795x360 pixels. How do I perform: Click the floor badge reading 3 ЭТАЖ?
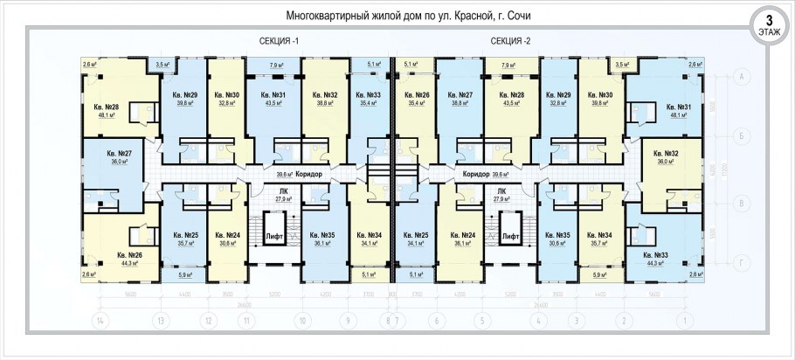(769, 24)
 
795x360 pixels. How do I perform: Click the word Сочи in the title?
(515, 16)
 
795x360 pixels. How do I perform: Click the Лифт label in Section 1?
(273, 237)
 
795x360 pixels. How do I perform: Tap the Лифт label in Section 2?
(511, 237)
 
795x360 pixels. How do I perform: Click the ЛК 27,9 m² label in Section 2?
(501, 195)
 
